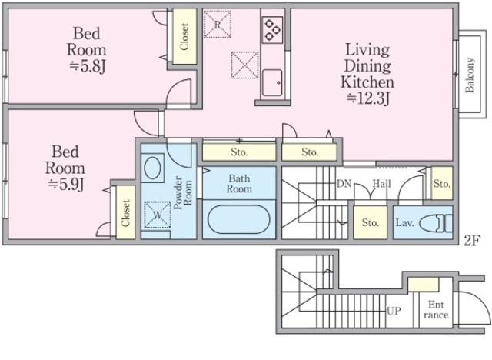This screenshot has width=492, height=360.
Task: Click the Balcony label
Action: click(x=470, y=75)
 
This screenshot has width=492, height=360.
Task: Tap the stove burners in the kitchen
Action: click(x=271, y=29)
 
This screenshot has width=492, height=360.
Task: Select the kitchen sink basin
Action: click(x=272, y=83)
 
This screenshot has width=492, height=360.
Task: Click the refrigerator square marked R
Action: click(x=218, y=24)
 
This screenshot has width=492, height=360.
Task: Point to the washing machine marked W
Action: click(x=157, y=215)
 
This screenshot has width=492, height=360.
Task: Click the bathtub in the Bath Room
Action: click(x=239, y=219)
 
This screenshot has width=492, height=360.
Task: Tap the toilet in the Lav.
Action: click(x=436, y=223)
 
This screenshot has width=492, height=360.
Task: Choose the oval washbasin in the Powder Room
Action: click(x=152, y=168)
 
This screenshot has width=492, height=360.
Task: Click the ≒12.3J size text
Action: click(x=367, y=98)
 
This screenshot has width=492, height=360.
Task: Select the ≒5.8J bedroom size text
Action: click(x=87, y=66)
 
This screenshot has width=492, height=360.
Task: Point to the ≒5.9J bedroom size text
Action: click(x=65, y=185)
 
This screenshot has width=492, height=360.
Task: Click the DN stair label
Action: click(x=344, y=184)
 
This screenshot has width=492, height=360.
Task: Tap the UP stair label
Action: click(x=394, y=311)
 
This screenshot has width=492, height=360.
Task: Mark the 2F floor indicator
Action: click(x=472, y=241)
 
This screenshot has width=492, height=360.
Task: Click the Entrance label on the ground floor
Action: click(x=436, y=309)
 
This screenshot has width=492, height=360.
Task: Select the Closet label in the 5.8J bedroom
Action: click(x=184, y=37)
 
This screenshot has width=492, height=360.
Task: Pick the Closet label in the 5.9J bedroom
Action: click(x=125, y=213)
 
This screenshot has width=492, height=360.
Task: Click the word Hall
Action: click(x=381, y=183)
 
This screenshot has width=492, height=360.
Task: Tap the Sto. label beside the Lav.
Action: click(x=371, y=222)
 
